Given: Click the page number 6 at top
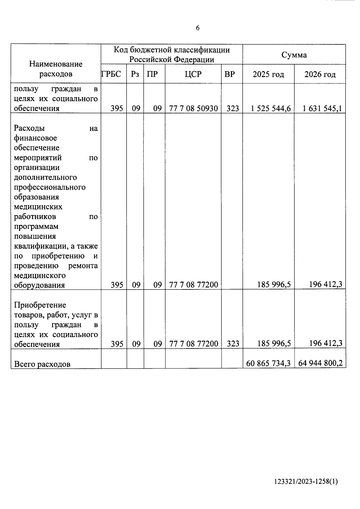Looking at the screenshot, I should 197,28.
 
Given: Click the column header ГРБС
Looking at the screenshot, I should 111,74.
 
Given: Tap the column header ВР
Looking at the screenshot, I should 229,74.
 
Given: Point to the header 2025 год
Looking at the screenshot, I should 268,74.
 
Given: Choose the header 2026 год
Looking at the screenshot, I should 320,74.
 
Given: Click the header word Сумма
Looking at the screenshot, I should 294,55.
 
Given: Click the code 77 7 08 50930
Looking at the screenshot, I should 193,109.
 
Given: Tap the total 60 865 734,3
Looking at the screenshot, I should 268,364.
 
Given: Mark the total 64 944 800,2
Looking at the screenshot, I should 320,364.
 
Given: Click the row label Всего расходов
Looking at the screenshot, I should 42,364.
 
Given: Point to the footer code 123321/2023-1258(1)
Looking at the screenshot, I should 306,490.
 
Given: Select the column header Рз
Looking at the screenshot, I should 135,74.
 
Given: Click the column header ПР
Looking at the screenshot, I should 152,74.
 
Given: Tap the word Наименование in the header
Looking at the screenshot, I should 56,64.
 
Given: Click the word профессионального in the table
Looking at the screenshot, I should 50,187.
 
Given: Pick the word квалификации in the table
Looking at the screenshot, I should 40,246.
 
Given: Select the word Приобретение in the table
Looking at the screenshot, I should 40,305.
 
